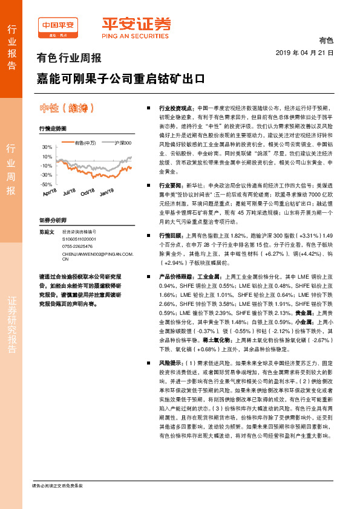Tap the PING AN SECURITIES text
(136, 34)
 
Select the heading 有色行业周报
(70, 59)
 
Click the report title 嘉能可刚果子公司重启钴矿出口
(120, 79)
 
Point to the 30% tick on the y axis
(47, 148)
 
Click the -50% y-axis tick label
(47, 184)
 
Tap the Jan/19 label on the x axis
(106, 192)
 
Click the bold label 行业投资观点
(176, 106)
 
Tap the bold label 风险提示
(170, 363)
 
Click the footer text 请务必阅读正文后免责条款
(57, 485)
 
